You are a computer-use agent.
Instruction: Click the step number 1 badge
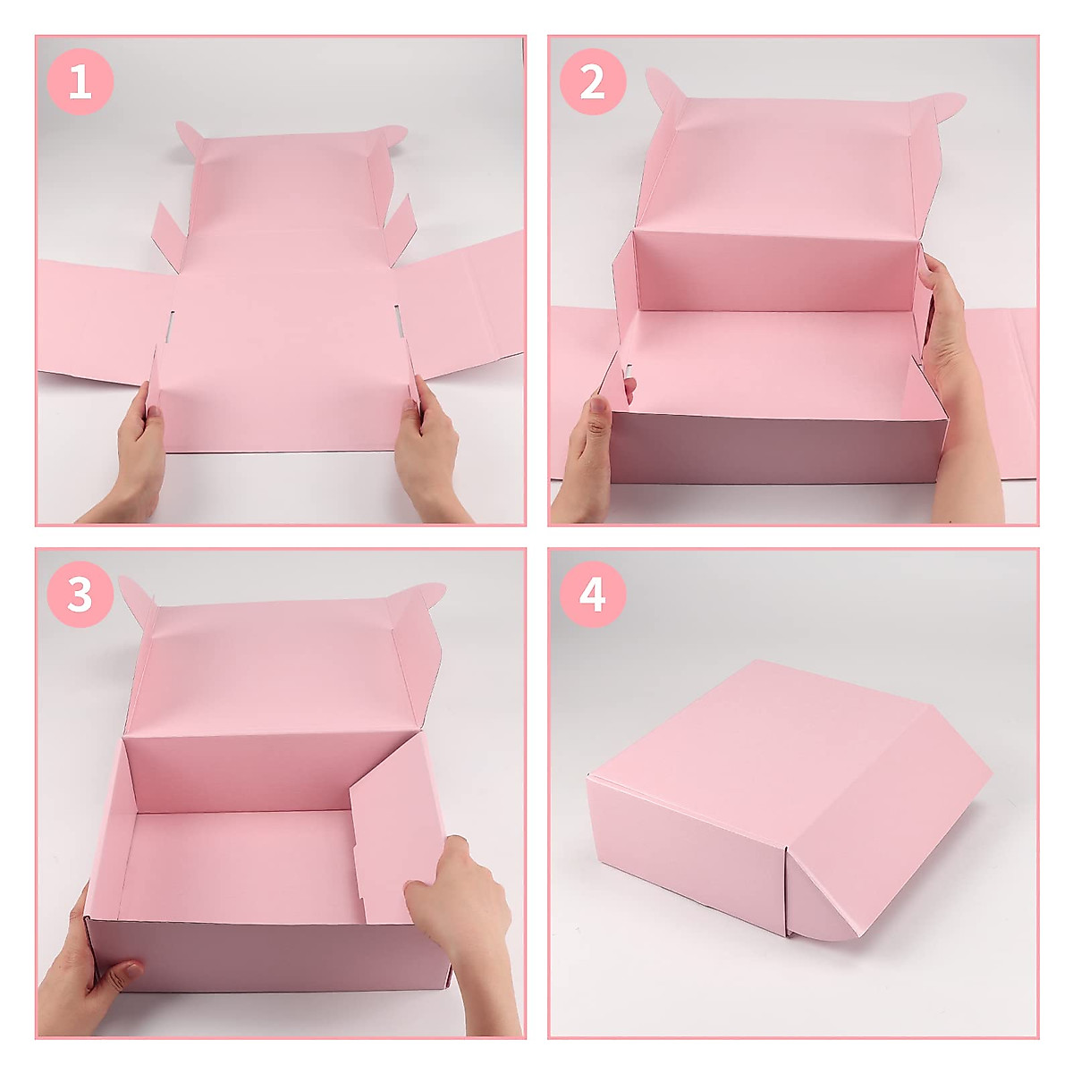click(x=80, y=83)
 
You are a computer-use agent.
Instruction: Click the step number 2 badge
click(x=593, y=83)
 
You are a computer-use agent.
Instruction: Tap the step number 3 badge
click(x=80, y=595)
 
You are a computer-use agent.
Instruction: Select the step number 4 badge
click(x=593, y=595)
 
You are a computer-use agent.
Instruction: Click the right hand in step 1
click(x=432, y=457)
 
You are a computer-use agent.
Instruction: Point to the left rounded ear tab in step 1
click(x=190, y=137)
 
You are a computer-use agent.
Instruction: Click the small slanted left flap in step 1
click(x=168, y=234)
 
